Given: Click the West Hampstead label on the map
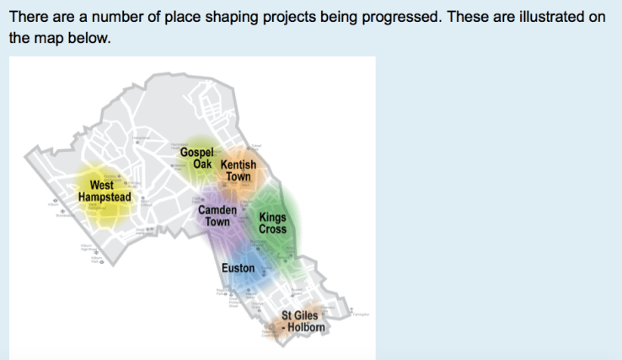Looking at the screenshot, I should tap(104, 191).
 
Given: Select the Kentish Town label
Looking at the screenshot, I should tap(239, 171).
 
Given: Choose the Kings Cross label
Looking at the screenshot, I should tap(272, 223).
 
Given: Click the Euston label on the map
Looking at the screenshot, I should tap(239, 268).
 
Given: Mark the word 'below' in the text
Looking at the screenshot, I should tap(89, 39).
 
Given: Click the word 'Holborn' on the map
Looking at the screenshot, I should tap(307, 327).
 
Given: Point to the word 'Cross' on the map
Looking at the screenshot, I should tap(272, 228).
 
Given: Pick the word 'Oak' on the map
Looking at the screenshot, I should tap(202, 164).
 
